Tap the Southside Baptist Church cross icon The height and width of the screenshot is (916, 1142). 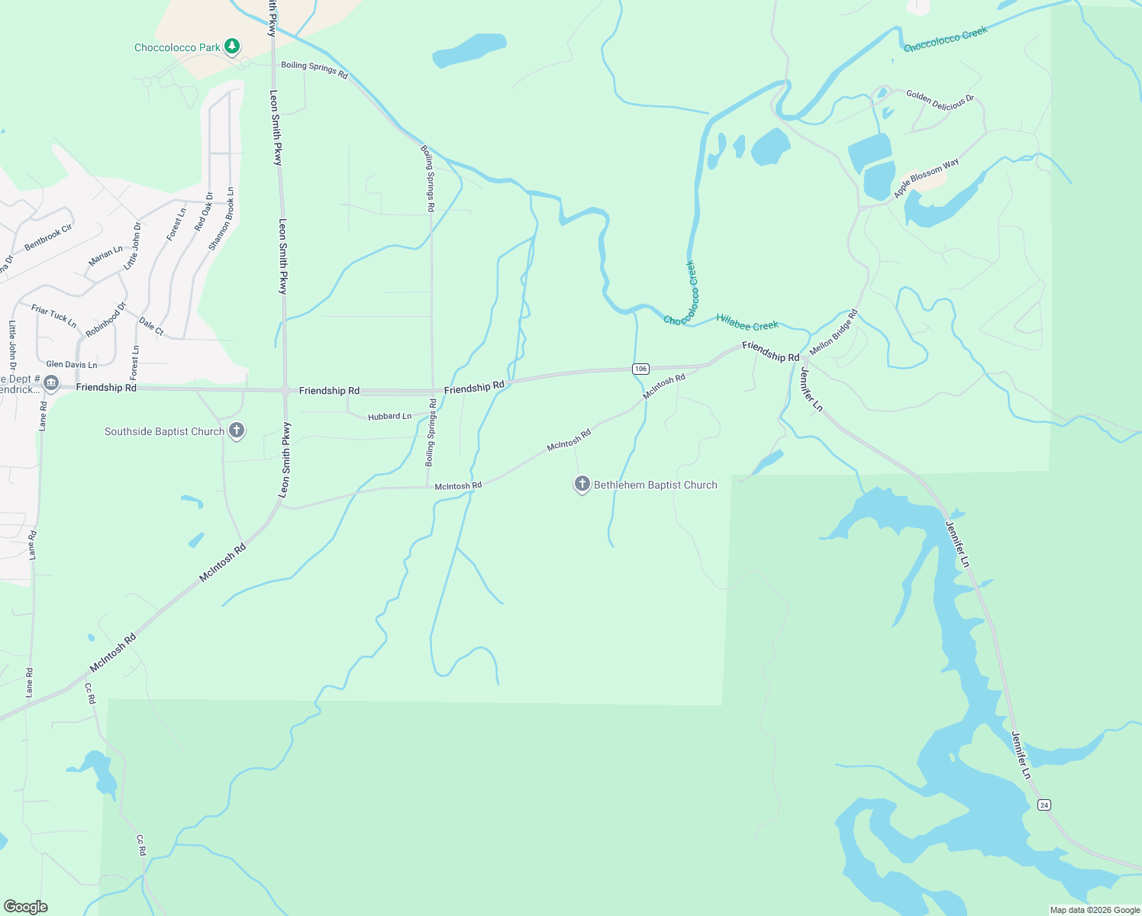(x=237, y=431)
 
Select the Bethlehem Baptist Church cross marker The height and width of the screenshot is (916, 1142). (x=582, y=484)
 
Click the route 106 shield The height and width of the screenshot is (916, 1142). (x=640, y=369)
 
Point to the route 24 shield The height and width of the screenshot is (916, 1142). (x=1044, y=805)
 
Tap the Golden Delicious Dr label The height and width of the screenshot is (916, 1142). (x=940, y=100)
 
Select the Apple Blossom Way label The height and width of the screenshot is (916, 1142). (x=926, y=179)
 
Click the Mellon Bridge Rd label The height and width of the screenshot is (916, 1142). (x=834, y=332)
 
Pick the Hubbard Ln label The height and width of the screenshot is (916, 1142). (x=389, y=417)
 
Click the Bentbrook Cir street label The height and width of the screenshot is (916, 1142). (x=48, y=237)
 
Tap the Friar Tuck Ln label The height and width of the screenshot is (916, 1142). (x=53, y=315)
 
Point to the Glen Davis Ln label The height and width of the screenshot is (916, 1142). (x=72, y=365)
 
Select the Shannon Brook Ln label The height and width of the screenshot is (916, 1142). (x=221, y=219)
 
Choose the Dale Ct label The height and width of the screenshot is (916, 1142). (x=151, y=327)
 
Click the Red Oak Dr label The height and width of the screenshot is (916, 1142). (x=204, y=211)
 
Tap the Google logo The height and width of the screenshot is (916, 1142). (x=25, y=907)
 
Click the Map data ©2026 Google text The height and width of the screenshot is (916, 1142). (x=1095, y=910)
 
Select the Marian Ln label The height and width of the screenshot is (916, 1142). (x=105, y=256)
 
